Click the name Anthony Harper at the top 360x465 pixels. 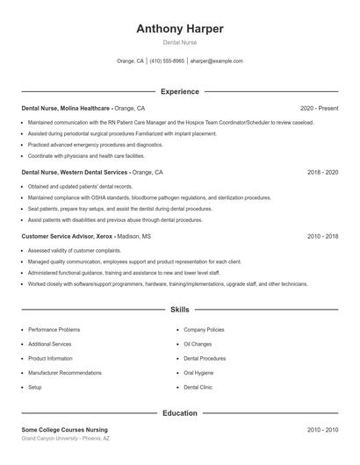click(180, 29)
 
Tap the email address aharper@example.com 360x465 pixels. click(216, 61)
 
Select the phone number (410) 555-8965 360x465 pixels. click(167, 61)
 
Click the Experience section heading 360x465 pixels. click(180, 91)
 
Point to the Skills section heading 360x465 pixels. click(180, 310)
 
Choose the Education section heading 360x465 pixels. click(180, 412)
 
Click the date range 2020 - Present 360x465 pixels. click(319, 109)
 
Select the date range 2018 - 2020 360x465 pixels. click(322, 173)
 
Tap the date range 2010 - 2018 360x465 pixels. click(322, 237)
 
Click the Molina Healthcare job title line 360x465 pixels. click(83, 109)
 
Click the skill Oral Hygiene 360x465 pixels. click(198, 373)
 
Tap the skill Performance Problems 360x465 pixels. click(54, 330)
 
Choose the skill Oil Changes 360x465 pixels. click(198, 344)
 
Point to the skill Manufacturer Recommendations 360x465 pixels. click(64, 373)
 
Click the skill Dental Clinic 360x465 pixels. click(198, 387)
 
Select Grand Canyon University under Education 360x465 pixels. click(66, 438)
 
